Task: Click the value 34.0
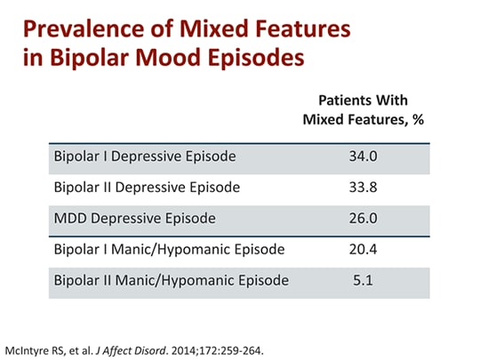[x=364, y=156]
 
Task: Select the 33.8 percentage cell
[x=364, y=188]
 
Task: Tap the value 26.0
[x=364, y=219]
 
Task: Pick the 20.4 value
[x=364, y=250]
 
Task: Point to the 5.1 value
[x=364, y=281]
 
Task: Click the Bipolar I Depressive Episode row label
[x=145, y=156]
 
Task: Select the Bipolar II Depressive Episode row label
[x=148, y=188]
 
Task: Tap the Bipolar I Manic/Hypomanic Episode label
[x=169, y=250]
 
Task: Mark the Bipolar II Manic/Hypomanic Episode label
[x=172, y=281]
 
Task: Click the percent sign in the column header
[x=417, y=119]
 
